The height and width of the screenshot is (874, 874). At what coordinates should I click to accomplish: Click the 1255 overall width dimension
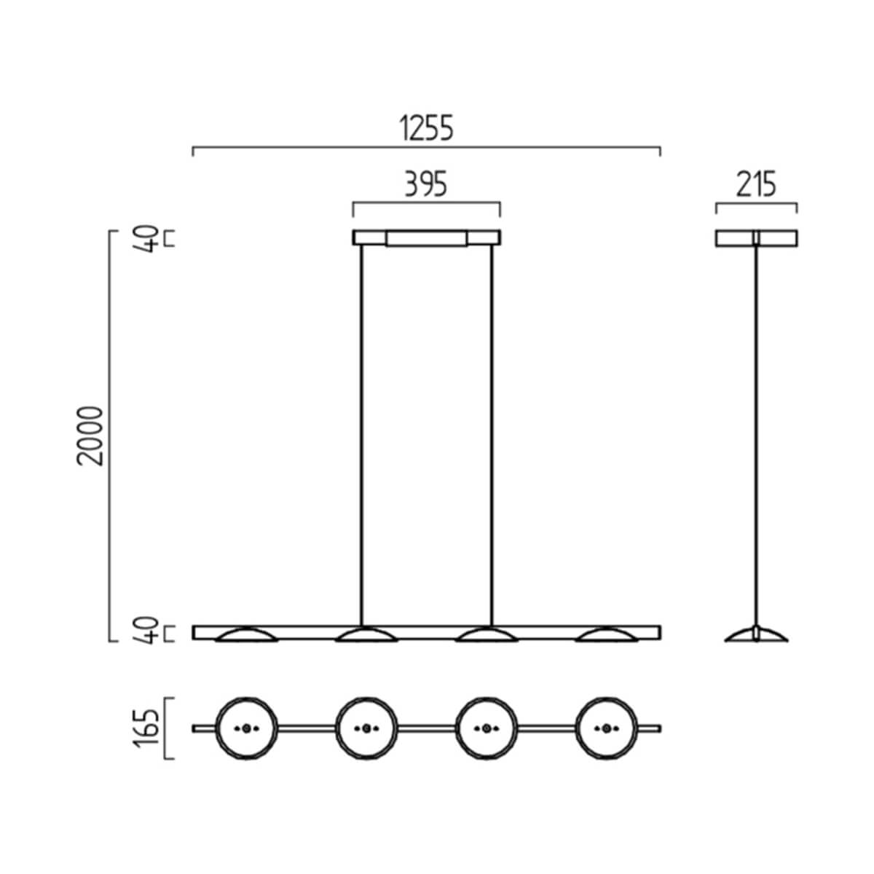tap(427, 128)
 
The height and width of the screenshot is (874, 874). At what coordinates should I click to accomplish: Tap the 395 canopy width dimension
tap(426, 185)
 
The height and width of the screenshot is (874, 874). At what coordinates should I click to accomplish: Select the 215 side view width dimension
tap(756, 185)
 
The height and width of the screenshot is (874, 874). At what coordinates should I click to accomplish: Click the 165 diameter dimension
tap(149, 728)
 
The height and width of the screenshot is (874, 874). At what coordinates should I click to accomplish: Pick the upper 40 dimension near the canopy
tap(149, 238)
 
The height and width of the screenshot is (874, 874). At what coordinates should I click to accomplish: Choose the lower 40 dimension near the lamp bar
tap(149, 631)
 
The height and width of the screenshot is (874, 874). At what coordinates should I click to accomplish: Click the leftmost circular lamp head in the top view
tap(246, 728)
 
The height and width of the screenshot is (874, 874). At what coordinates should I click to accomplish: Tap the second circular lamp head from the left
tap(366, 728)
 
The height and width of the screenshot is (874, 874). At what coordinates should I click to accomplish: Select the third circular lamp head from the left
tap(486, 728)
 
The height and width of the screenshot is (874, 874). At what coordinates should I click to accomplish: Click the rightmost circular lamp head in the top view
tap(606, 728)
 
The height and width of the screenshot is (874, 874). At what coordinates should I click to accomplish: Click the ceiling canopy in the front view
tap(427, 238)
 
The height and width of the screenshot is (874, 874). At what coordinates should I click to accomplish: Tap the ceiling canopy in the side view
tap(756, 238)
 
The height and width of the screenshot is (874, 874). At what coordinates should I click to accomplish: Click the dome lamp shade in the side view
tap(756, 635)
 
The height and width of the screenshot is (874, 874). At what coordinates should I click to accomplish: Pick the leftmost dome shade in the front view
tap(246, 636)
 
